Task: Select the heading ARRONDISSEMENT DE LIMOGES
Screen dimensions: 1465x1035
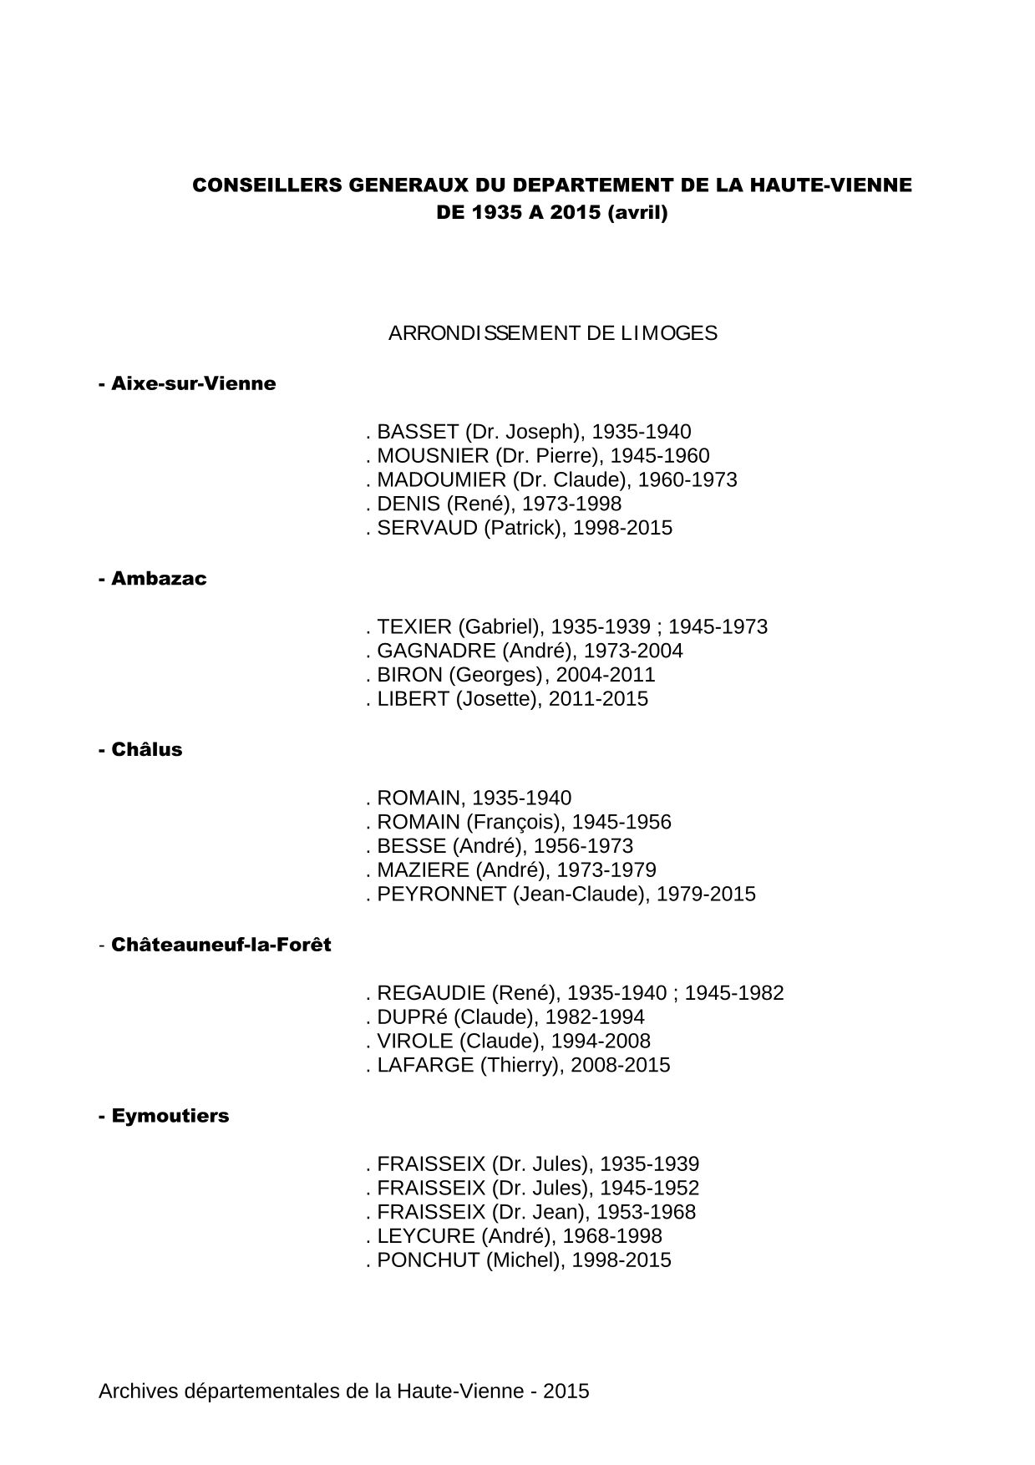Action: [x=552, y=333]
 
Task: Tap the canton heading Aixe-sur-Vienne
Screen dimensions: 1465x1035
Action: [x=193, y=384]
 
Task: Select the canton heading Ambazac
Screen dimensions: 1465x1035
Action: [x=159, y=579]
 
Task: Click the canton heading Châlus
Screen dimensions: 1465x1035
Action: [x=146, y=750]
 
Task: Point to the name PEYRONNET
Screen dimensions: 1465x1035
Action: [x=441, y=895]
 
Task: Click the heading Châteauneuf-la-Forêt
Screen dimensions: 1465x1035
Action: [x=221, y=945]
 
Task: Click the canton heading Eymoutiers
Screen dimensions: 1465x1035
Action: [x=170, y=1116]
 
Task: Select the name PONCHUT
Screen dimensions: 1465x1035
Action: [x=428, y=1260]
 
